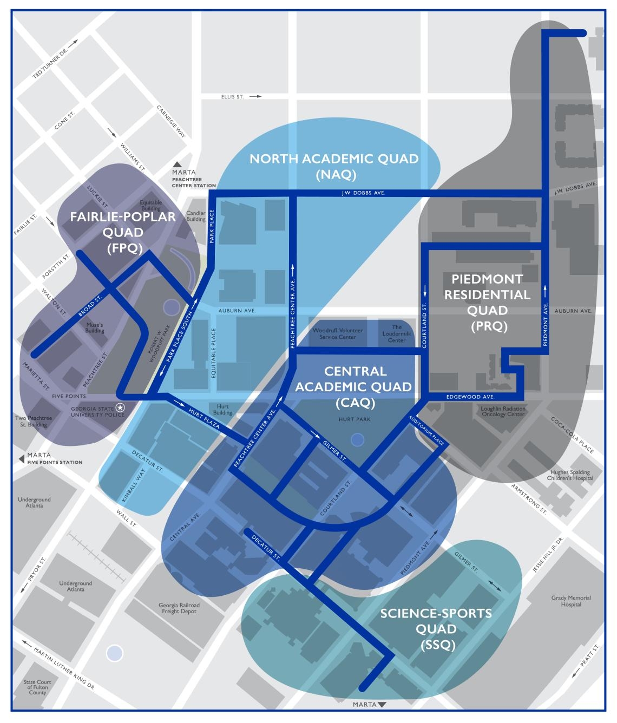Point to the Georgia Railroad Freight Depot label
tap(179, 608)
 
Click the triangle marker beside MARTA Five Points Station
tap(22, 458)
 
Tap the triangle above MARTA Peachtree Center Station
tap(177, 165)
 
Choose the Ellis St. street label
tap(232, 96)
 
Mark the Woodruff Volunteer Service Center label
tap(337, 333)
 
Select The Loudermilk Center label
tap(397, 333)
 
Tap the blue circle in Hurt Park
tap(357, 440)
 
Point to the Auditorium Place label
tap(426, 431)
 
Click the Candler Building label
tap(196, 216)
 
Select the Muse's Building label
tap(95, 327)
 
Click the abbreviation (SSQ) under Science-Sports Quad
tap(436, 645)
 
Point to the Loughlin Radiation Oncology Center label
tap(503, 411)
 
